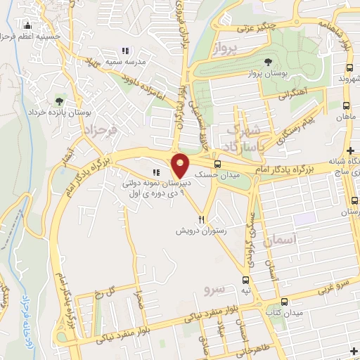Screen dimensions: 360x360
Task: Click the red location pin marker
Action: click(x=181, y=165)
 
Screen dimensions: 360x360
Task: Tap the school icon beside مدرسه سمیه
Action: click(x=125, y=51)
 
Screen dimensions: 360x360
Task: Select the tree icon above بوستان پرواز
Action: click(x=270, y=61)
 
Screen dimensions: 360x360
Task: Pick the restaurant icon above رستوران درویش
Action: click(x=202, y=219)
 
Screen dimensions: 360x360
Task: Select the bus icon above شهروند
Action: click(x=349, y=67)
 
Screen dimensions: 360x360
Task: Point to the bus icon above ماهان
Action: click(x=345, y=105)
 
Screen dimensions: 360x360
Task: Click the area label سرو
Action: click(x=212, y=289)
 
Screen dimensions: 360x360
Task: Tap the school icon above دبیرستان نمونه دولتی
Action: click(x=155, y=172)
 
